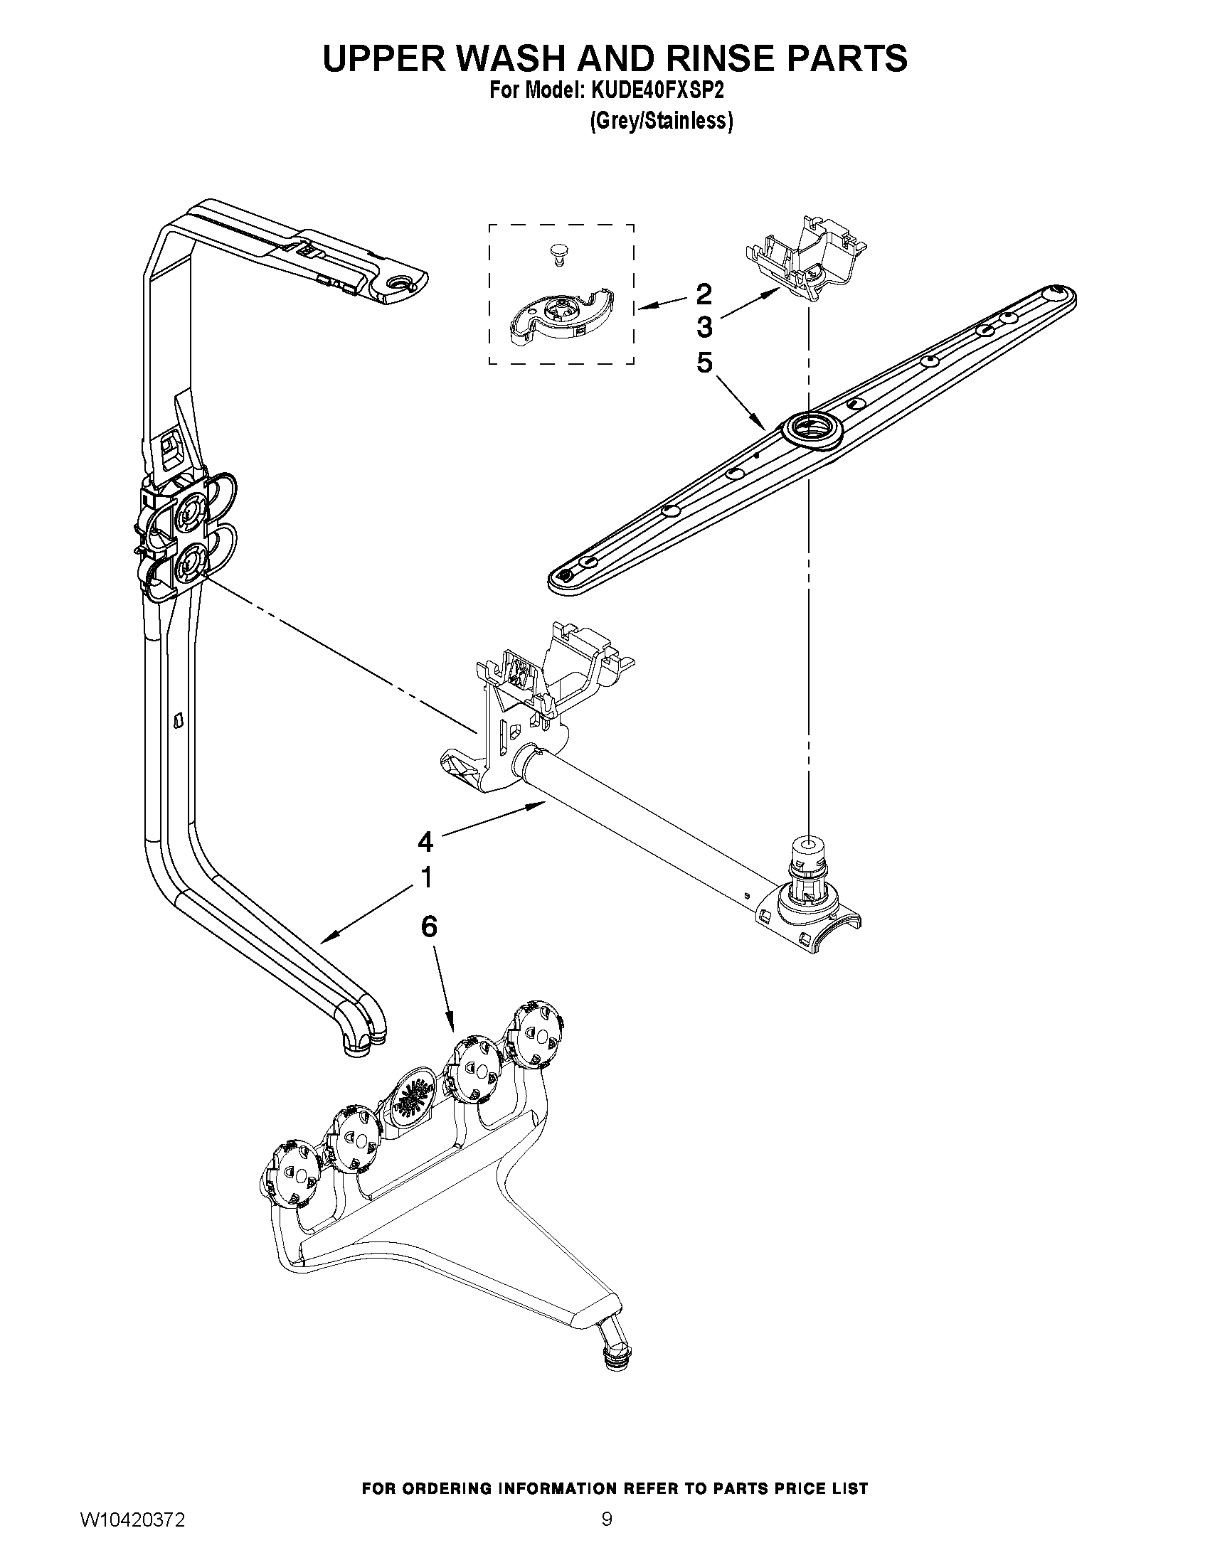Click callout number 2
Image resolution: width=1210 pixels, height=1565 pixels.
[x=704, y=293]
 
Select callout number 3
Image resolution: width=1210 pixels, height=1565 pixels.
[x=704, y=328]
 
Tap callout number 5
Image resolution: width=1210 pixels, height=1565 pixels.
[x=704, y=363]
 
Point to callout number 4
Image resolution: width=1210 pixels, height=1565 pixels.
[x=426, y=842]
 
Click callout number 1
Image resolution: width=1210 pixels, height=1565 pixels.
[x=426, y=877]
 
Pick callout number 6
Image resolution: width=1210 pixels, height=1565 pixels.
[x=428, y=926]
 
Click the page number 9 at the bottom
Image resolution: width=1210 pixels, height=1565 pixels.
[x=607, y=1536]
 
